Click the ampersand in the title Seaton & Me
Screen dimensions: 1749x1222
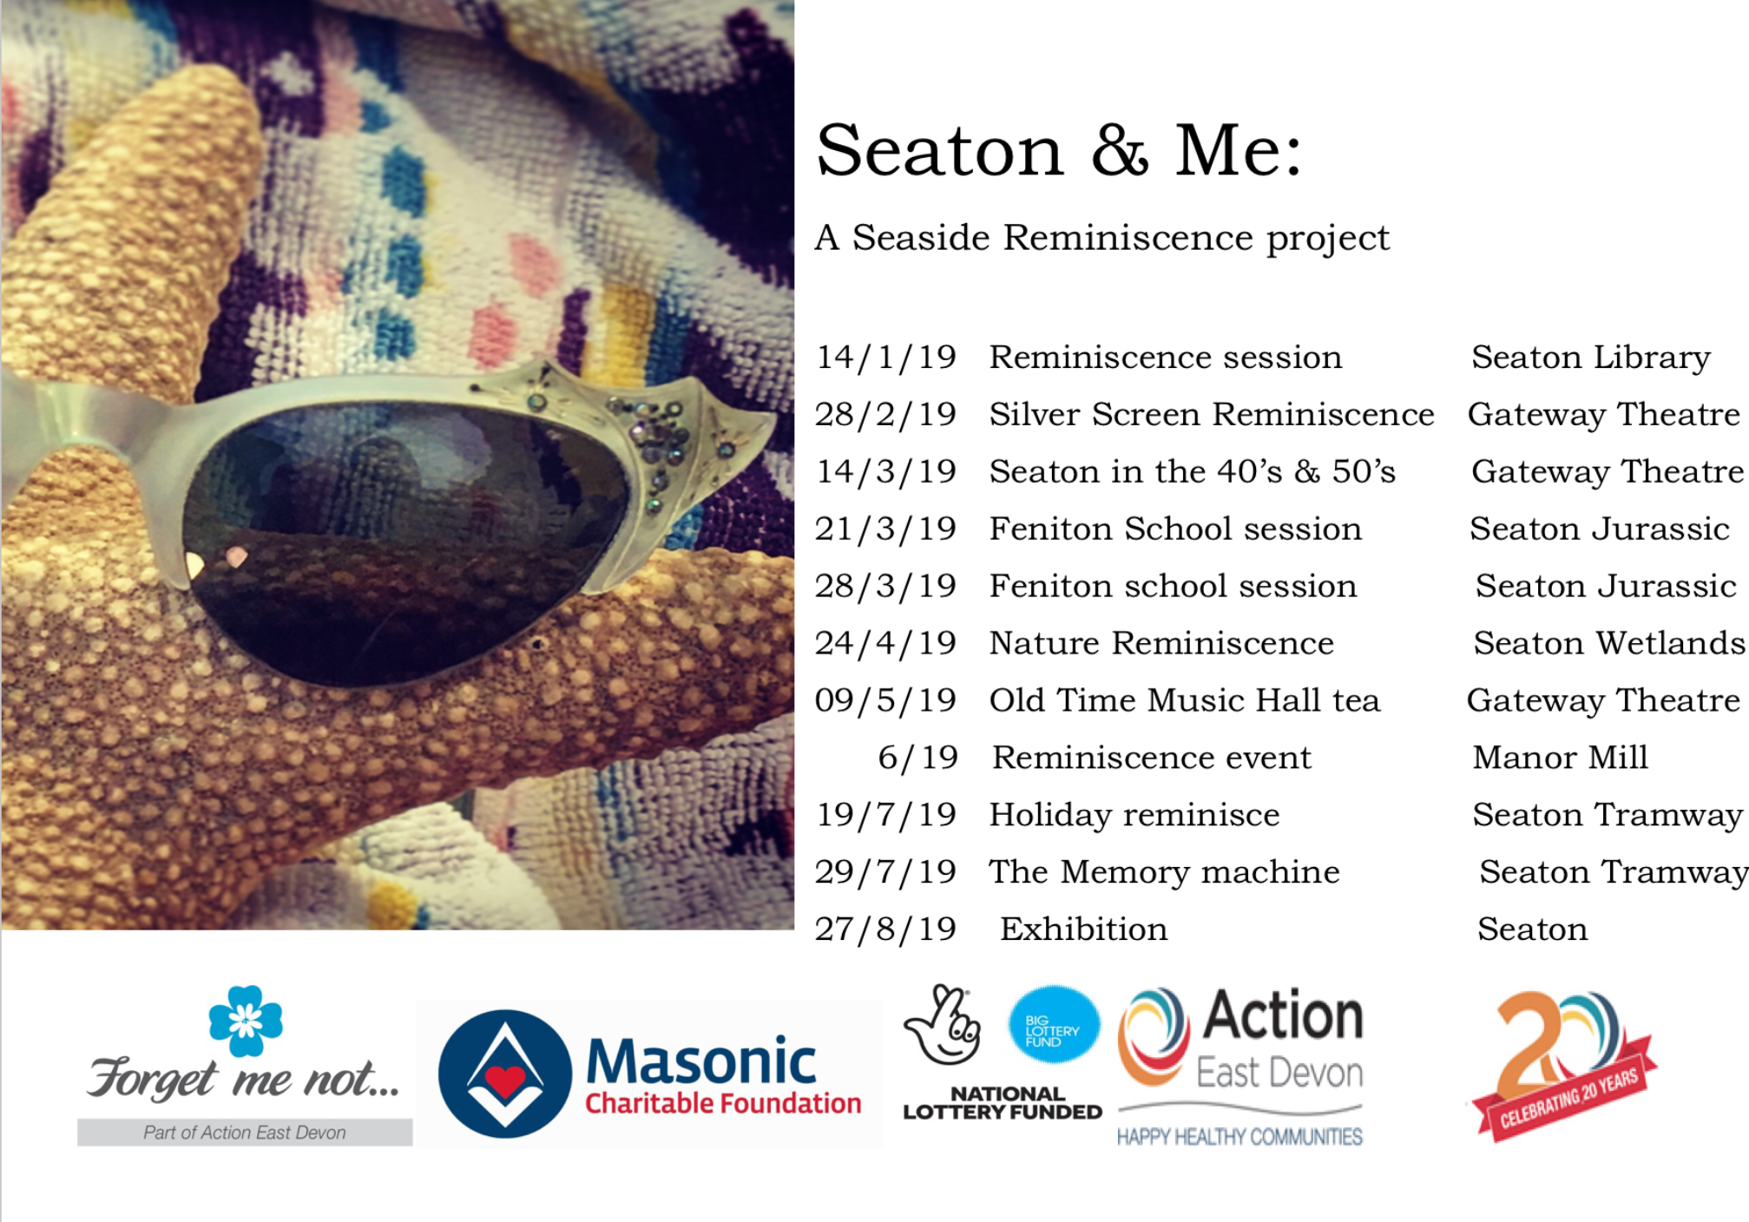(x=1120, y=150)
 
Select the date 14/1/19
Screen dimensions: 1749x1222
(x=885, y=358)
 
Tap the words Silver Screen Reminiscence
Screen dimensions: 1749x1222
(x=1212, y=414)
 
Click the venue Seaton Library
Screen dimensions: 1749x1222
(x=1591, y=358)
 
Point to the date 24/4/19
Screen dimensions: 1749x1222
(x=885, y=643)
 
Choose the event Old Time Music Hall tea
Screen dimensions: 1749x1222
(x=1185, y=700)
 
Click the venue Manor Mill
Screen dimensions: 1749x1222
(x=1560, y=757)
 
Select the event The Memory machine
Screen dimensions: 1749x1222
(x=1165, y=871)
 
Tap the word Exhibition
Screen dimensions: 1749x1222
(x=1084, y=929)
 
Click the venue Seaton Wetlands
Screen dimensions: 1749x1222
(x=1609, y=643)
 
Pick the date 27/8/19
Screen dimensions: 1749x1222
(x=885, y=929)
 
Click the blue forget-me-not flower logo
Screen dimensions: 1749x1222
(x=246, y=1021)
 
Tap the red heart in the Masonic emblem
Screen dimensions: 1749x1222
(x=505, y=1081)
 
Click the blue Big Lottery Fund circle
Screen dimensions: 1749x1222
(x=1054, y=1025)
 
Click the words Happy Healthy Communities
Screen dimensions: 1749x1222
(x=1239, y=1136)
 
